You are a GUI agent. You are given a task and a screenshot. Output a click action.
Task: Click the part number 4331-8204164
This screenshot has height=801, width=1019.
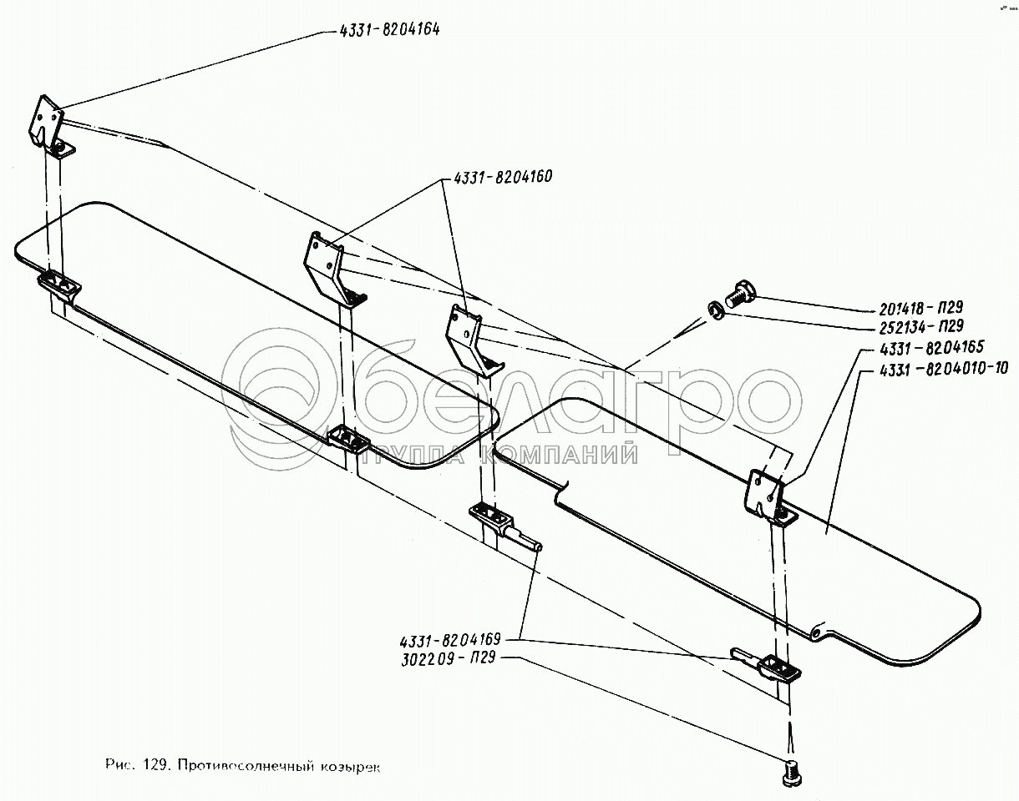tap(390, 30)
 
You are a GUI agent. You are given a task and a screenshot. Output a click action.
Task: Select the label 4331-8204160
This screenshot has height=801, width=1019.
tap(504, 178)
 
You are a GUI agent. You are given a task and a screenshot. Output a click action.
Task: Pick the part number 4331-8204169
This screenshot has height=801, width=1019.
tap(450, 640)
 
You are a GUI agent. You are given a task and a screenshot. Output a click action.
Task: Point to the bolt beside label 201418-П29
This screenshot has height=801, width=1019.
tap(739, 294)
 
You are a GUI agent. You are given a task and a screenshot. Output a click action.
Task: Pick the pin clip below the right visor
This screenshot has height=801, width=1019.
tap(769, 665)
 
